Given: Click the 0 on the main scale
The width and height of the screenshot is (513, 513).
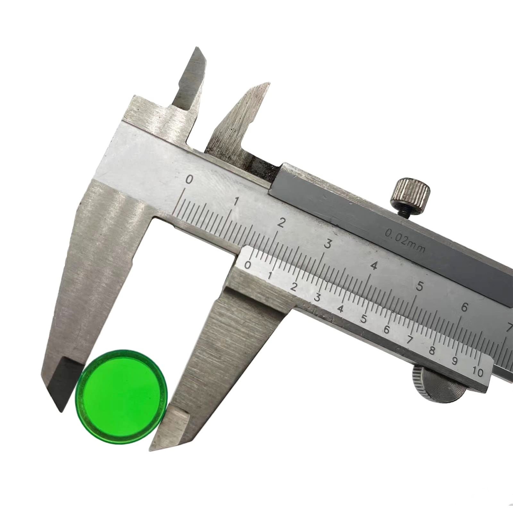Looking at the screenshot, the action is pos(189,180).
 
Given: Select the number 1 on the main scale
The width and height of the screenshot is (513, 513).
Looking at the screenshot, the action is pos(236,201).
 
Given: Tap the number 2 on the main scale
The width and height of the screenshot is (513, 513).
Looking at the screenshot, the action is pos(281,223).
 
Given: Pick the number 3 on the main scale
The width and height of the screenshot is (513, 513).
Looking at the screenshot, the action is pos(327,244).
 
